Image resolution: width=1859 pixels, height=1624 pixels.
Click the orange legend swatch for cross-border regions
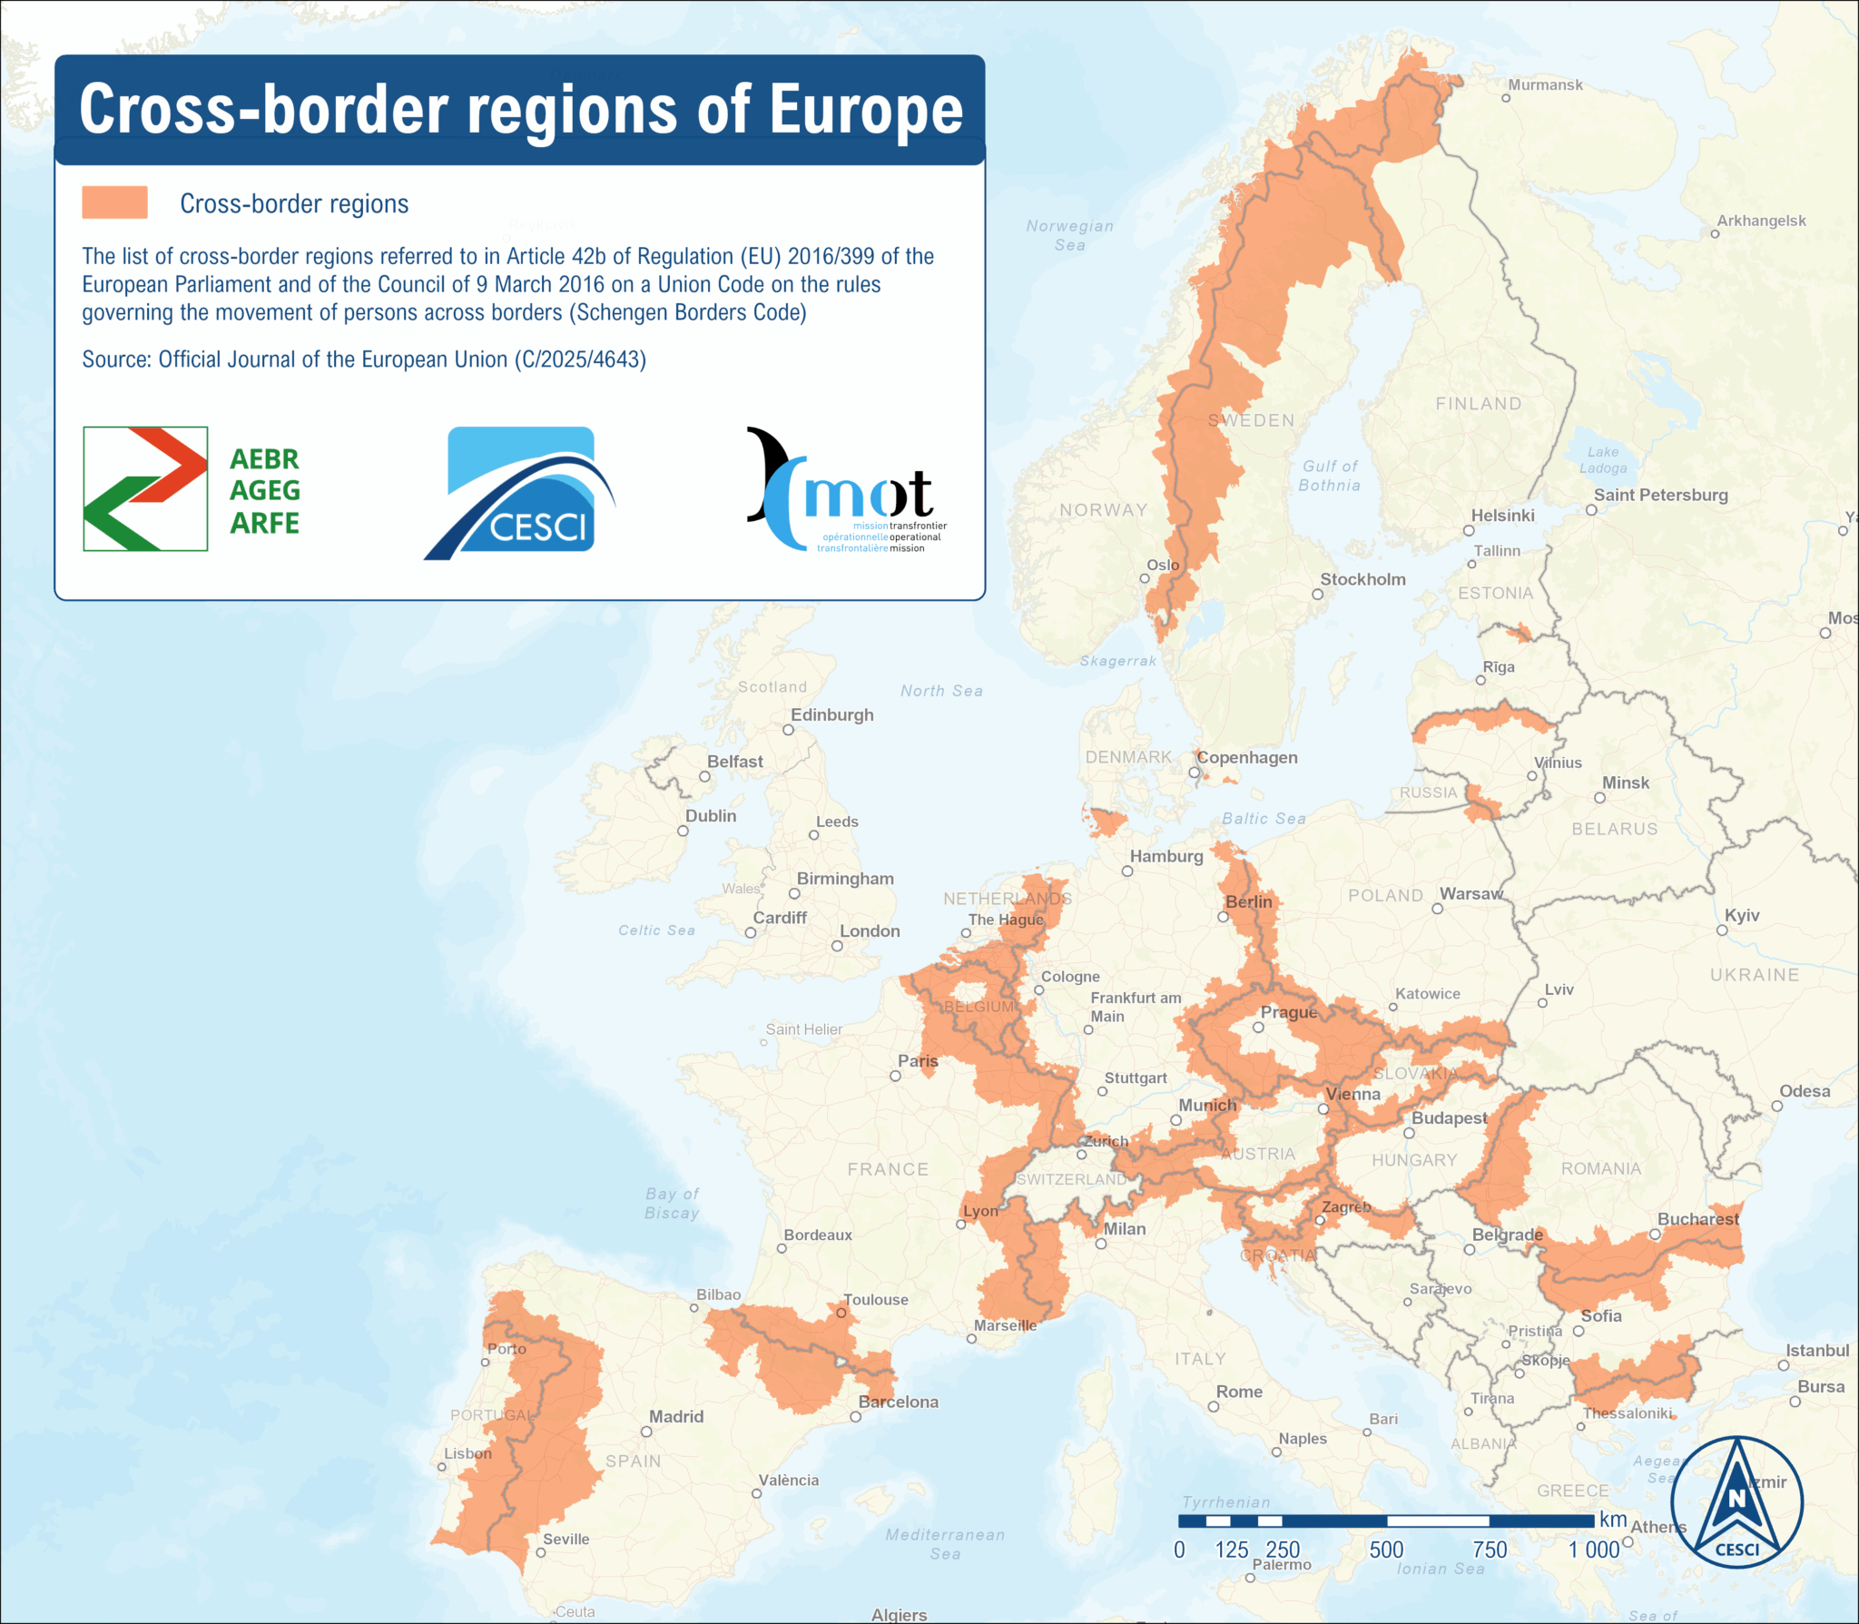(x=114, y=202)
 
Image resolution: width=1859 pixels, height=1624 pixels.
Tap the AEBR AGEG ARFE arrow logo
(x=145, y=488)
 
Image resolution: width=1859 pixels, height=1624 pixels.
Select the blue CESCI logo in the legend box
(x=520, y=493)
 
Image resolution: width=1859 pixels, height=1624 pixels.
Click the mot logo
(x=846, y=491)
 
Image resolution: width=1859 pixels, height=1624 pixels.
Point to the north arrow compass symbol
(x=1736, y=1502)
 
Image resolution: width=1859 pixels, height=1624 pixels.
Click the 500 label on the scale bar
(x=1386, y=1550)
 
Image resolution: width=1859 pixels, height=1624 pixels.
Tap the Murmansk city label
(x=1545, y=84)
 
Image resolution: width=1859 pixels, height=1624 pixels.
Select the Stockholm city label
(x=1362, y=579)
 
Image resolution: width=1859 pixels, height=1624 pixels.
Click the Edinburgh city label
(x=831, y=714)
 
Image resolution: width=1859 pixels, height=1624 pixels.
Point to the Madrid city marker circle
(x=646, y=1432)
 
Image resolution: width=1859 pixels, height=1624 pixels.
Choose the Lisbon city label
(x=467, y=1452)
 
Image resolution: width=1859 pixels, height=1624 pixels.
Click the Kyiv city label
(x=1742, y=915)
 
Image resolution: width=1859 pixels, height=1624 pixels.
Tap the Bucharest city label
(x=1698, y=1218)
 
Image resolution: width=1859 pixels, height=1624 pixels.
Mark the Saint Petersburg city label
(x=1660, y=495)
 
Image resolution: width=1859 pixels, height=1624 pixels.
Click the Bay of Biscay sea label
(x=672, y=1203)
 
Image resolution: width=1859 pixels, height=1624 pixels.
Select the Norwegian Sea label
(x=1069, y=235)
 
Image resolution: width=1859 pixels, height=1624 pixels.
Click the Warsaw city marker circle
(x=1437, y=908)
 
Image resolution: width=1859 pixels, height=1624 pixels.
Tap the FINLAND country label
(x=1478, y=403)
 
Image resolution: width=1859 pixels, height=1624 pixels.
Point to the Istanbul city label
(x=1817, y=1350)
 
